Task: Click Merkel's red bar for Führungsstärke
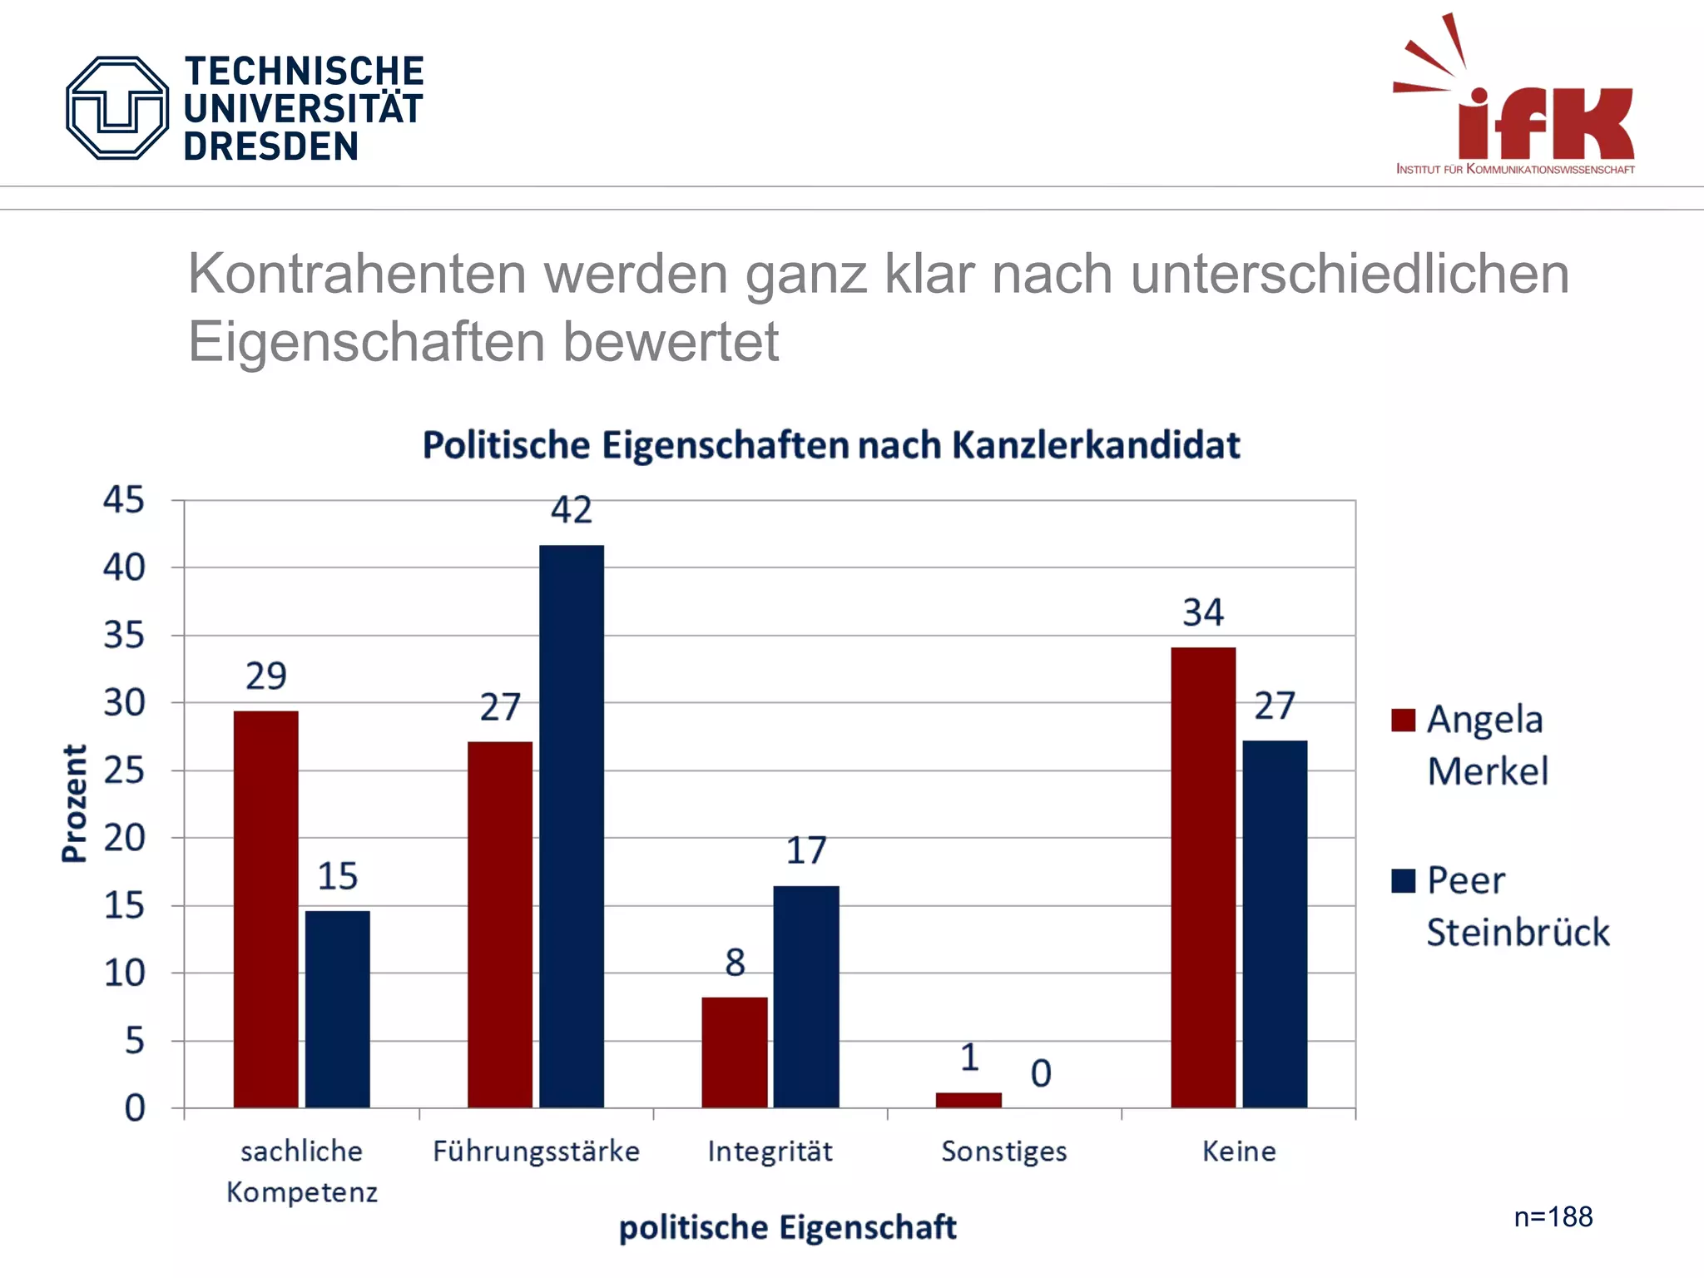pyautogui.click(x=499, y=924)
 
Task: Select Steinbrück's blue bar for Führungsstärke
pyautogui.click(x=571, y=825)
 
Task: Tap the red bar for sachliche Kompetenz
pyautogui.click(x=265, y=909)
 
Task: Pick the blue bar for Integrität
pyautogui.click(x=805, y=996)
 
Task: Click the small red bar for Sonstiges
pyautogui.click(x=968, y=1100)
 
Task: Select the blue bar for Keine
pyautogui.click(x=1274, y=924)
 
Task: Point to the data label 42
pyautogui.click(x=571, y=509)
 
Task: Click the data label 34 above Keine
pyautogui.click(x=1202, y=613)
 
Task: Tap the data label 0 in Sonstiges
pyautogui.click(x=1040, y=1073)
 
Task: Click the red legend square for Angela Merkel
pyautogui.click(x=1403, y=720)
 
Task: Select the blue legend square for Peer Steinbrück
pyautogui.click(x=1403, y=880)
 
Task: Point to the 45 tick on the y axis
pyautogui.click(x=123, y=500)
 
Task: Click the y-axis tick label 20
pyautogui.click(x=124, y=838)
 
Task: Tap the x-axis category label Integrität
pyautogui.click(x=770, y=1152)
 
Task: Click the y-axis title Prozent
pyautogui.click(x=74, y=803)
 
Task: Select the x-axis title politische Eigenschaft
pyautogui.click(x=787, y=1228)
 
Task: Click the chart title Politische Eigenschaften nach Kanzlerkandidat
pyautogui.click(x=830, y=445)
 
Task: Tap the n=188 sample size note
pyautogui.click(x=1553, y=1217)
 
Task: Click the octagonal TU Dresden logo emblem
pyautogui.click(x=117, y=108)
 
